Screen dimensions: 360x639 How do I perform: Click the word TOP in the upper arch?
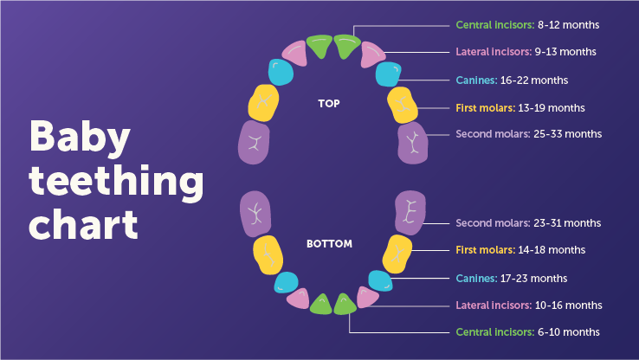click(x=328, y=104)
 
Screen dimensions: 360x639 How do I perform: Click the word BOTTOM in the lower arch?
click(x=329, y=244)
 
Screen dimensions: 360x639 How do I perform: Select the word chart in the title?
click(x=84, y=224)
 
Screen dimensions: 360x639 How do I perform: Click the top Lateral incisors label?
click(x=526, y=52)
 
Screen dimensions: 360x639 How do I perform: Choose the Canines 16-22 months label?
click(x=512, y=80)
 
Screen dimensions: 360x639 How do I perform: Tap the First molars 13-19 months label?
click(x=520, y=107)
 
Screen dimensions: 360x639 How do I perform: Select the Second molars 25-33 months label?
click(x=528, y=134)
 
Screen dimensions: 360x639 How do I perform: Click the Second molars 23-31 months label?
click(x=528, y=223)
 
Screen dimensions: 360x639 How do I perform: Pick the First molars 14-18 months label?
click(x=520, y=250)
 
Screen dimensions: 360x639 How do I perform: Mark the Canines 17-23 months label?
click(x=512, y=278)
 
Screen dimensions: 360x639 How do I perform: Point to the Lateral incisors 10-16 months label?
click(x=528, y=305)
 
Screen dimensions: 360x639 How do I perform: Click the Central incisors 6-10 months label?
click(x=527, y=332)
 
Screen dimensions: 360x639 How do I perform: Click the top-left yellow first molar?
click(x=262, y=102)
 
